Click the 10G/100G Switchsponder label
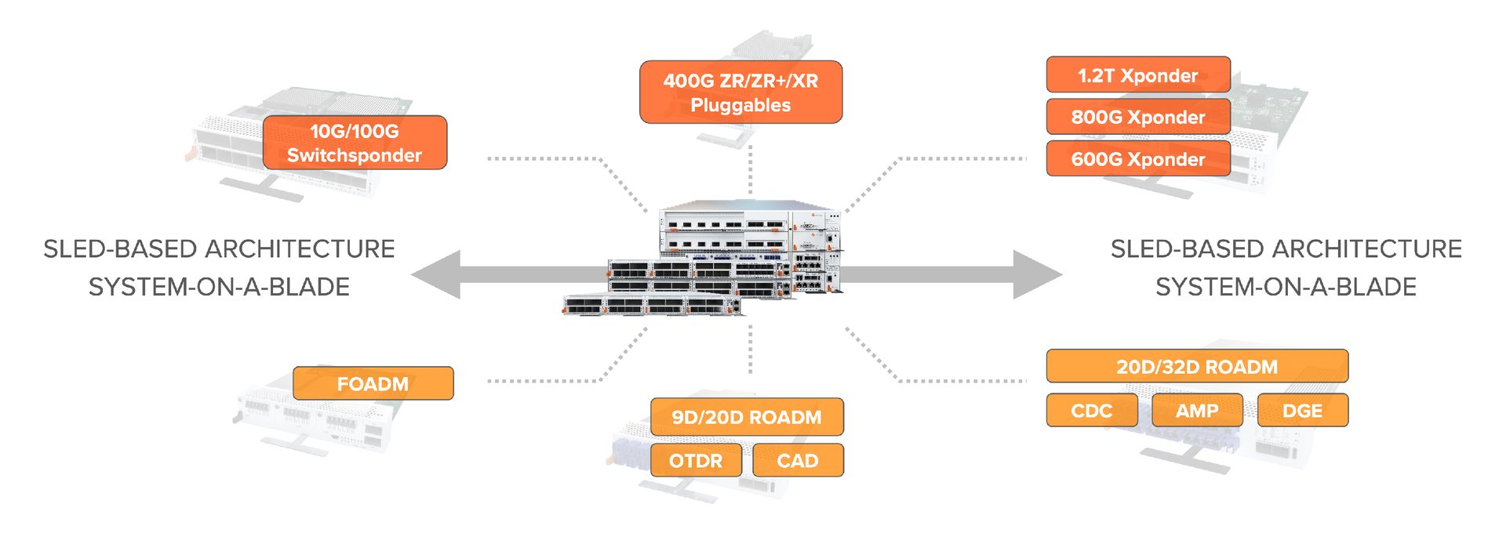click(355, 143)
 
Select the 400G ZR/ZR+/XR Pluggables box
click(740, 92)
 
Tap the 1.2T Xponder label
click(1137, 75)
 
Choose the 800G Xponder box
click(1137, 117)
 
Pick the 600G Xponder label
click(1137, 159)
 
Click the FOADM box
click(373, 383)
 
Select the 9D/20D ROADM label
click(747, 417)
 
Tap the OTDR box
click(696, 460)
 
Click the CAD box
click(798, 460)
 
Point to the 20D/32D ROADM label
click(1197, 366)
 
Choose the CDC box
click(1091, 411)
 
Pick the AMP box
click(1197, 411)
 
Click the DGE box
click(1302, 411)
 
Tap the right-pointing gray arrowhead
click(1037, 274)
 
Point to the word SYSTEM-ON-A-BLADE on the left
click(219, 287)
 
